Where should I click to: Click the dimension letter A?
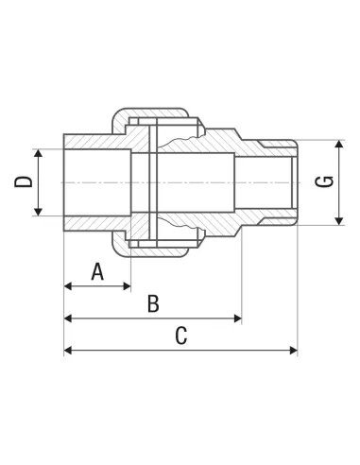[x=97, y=272]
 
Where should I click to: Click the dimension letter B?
[x=153, y=303]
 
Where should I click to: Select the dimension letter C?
[x=181, y=336]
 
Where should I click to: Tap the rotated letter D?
[x=24, y=182]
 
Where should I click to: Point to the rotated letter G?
[x=325, y=181]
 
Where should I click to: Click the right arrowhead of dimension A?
[x=127, y=286]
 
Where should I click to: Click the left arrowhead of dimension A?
[x=68, y=286]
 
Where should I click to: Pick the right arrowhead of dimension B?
[x=238, y=319]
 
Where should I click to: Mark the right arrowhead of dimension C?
[x=294, y=350]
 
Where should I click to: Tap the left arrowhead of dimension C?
[x=68, y=350]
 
